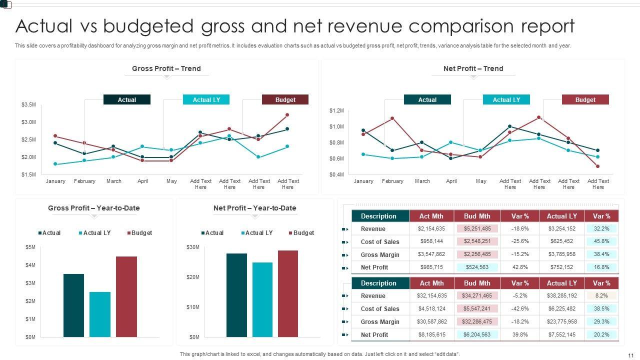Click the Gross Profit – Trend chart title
click(166, 68)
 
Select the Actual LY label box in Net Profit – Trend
click(506, 100)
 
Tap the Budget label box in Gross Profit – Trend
click(285, 100)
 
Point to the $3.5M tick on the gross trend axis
click(28, 104)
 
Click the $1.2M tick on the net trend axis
click(336, 110)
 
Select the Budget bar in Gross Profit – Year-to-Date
click(126, 296)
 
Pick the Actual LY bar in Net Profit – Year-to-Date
click(262, 299)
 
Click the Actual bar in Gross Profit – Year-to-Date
click(73, 305)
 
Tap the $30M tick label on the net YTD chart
click(192, 247)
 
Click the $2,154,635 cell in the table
click(431, 228)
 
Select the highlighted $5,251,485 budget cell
click(477, 228)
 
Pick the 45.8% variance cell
click(601, 241)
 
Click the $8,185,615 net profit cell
click(431, 334)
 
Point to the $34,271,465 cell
click(477, 295)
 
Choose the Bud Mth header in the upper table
click(477, 216)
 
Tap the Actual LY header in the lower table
click(561, 283)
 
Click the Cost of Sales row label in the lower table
click(380, 308)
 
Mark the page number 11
click(630, 354)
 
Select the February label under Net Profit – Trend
click(392, 181)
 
